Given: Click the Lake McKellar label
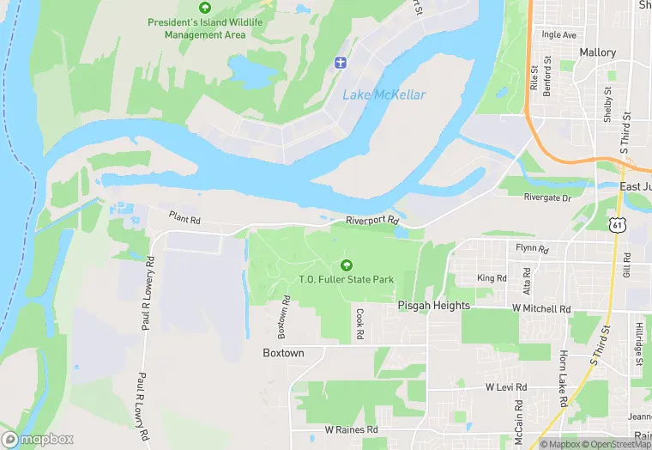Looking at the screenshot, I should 383,94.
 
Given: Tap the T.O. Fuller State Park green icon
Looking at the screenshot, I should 347,265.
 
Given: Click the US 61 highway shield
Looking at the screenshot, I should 616,225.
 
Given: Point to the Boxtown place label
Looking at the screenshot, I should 282,353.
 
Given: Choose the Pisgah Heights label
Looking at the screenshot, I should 433,306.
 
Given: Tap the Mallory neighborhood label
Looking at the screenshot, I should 597,52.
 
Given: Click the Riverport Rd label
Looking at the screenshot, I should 373,221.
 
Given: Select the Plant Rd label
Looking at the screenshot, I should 184,218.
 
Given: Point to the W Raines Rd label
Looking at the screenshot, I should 351,429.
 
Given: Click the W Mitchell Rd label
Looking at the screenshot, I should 540,307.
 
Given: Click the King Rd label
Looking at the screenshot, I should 492,278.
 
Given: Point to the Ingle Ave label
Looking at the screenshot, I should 559,35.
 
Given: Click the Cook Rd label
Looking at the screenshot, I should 359,322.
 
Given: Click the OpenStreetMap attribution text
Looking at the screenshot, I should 607,444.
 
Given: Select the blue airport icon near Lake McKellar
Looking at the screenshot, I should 339,62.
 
